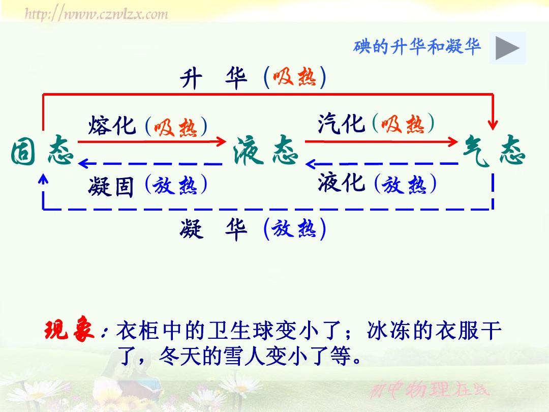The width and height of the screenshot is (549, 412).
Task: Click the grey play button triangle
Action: pyautogui.click(x=507, y=48)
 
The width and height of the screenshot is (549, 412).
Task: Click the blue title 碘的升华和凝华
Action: pyautogui.click(x=417, y=47)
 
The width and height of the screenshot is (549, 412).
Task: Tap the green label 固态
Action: pyautogui.click(x=42, y=151)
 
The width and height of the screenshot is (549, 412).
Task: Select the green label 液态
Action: pyautogui.click(x=265, y=151)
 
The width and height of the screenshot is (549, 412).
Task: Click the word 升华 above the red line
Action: pyautogui.click(x=214, y=78)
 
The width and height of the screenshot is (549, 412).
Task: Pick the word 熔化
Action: pyautogui.click(x=112, y=126)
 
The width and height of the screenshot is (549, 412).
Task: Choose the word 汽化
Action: pyautogui.click(x=342, y=123)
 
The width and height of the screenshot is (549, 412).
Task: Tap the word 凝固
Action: pyautogui.click(x=111, y=186)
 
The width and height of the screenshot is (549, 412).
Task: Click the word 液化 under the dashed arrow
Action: pyautogui.click(x=342, y=183)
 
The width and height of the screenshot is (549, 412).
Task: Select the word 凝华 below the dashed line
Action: pyautogui.click(x=214, y=229)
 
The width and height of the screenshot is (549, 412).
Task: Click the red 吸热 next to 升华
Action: pyautogui.click(x=294, y=77)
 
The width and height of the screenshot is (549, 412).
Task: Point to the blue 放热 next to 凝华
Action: pyautogui.click(x=294, y=229)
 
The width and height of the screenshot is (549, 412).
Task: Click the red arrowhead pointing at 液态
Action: pyautogui.click(x=221, y=141)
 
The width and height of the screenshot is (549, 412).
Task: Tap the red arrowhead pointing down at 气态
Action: pyautogui.click(x=493, y=125)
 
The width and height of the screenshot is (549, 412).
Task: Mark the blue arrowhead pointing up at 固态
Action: pyautogui.click(x=43, y=179)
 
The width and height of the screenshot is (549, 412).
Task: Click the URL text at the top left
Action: pyautogui.click(x=97, y=14)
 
